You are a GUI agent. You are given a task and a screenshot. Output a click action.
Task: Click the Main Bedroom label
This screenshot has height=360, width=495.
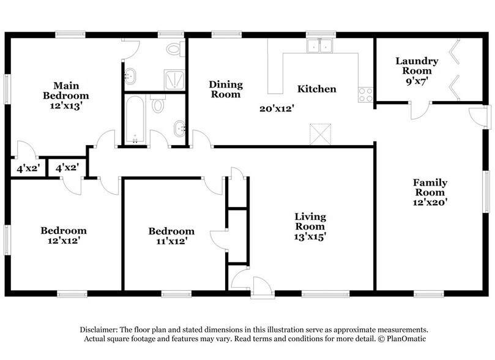pyautogui.click(x=65, y=90)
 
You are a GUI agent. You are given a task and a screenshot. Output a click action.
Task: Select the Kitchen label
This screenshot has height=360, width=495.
pyautogui.click(x=316, y=89)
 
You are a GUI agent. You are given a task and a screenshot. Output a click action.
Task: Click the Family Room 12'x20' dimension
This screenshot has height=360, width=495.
pyautogui.click(x=430, y=201)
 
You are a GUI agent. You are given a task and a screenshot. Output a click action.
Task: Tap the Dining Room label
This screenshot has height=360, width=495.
pyautogui.click(x=226, y=89)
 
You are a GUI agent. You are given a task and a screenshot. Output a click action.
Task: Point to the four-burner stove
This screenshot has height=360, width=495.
pyautogui.click(x=366, y=94)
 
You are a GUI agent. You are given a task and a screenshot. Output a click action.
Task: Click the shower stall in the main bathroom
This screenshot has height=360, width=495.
pyautogui.click(x=173, y=78)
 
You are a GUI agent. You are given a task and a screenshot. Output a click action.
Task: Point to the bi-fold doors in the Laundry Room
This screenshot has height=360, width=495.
pyautogui.click(x=455, y=70)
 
